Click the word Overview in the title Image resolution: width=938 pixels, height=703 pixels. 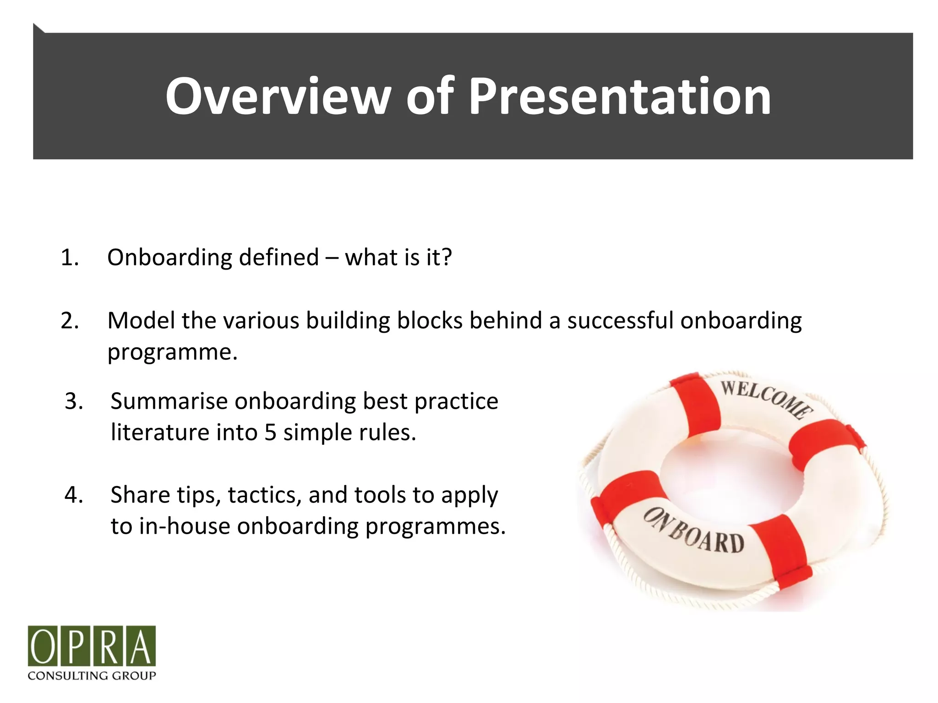pyautogui.click(x=278, y=97)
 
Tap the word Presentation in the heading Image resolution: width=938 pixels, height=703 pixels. pyautogui.click(x=620, y=97)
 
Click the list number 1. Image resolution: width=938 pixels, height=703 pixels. pyautogui.click(x=69, y=258)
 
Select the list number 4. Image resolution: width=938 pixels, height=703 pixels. pyautogui.click(x=74, y=495)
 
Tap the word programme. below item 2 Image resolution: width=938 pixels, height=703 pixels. pyautogui.click(x=173, y=352)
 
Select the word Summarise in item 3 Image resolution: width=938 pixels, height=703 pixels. pyautogui.click(x=169, y=401)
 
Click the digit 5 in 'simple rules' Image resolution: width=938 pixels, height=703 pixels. pyautogui.click(x=270, y=433)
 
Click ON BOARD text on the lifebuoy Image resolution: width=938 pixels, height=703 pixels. pyautogui.click(x=693, y=531)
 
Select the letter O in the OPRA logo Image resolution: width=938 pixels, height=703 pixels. pyautogui.click(x=44, y=646)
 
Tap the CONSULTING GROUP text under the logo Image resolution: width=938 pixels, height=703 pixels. pyautogui.click(x=92, y=676)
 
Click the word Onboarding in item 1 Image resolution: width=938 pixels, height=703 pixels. pyautogui.click(x=169, y=258)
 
